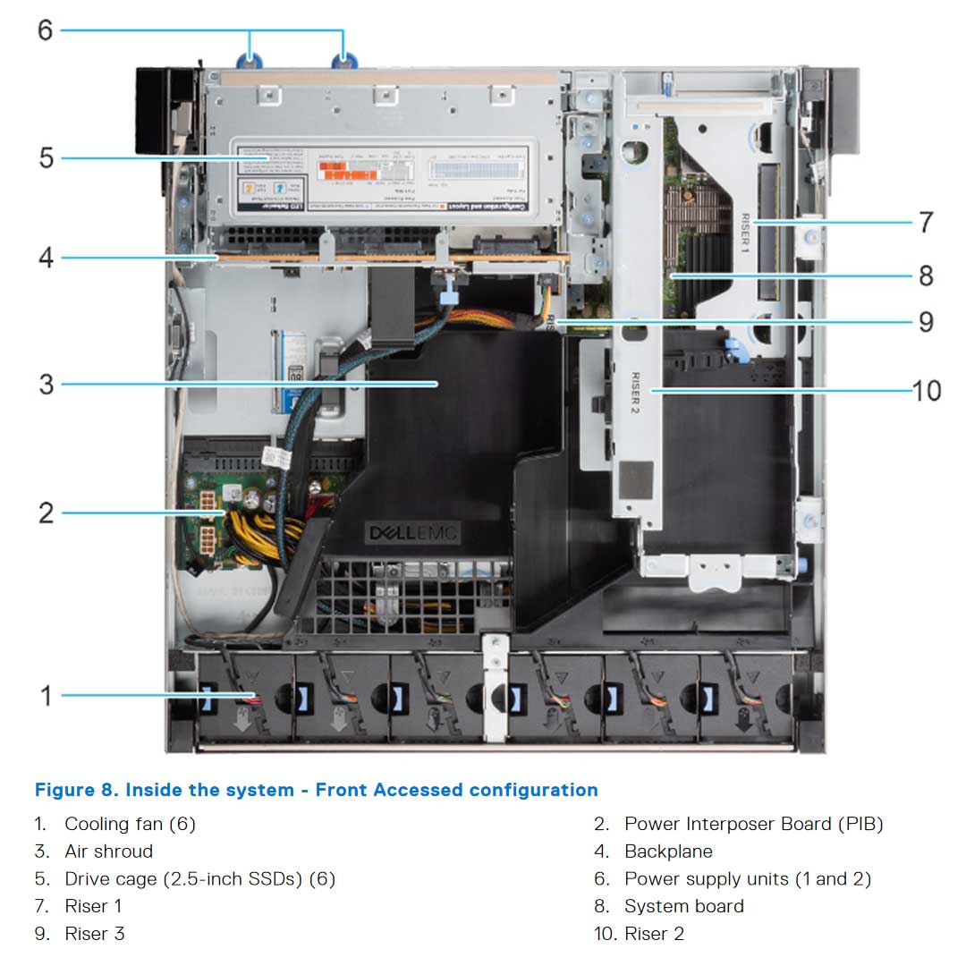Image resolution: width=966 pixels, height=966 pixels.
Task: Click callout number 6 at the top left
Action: coord(45,30)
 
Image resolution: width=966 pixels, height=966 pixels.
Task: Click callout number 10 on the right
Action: coord(927,391)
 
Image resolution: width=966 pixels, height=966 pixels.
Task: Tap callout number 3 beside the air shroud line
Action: coord(46,385)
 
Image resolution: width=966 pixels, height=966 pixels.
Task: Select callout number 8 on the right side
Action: coord(926,275)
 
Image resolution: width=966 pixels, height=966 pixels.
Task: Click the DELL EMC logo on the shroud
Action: coord(413,534)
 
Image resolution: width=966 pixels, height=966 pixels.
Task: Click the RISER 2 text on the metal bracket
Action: coord(636,393)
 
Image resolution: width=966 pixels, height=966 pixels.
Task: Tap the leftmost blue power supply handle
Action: coord(250,61)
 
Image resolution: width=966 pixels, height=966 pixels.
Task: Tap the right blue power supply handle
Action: coord(344,61)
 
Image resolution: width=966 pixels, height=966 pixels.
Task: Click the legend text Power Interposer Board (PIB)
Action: coord(753,824)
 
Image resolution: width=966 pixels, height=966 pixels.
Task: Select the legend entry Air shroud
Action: coord(108,852)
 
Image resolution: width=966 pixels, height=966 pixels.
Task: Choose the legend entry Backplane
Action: coord(668,852)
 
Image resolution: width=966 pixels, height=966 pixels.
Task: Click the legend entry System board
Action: coord(683,906)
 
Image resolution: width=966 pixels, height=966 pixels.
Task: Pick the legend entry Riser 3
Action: coord(94,934)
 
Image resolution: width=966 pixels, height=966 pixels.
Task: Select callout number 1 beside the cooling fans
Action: coord(47,694)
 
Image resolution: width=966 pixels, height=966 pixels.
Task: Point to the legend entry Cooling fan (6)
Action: coord(130,824)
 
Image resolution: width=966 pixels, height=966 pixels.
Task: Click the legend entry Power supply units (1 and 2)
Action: coord(747,879)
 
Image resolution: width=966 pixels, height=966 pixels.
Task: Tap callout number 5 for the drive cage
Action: coord(46,158)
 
